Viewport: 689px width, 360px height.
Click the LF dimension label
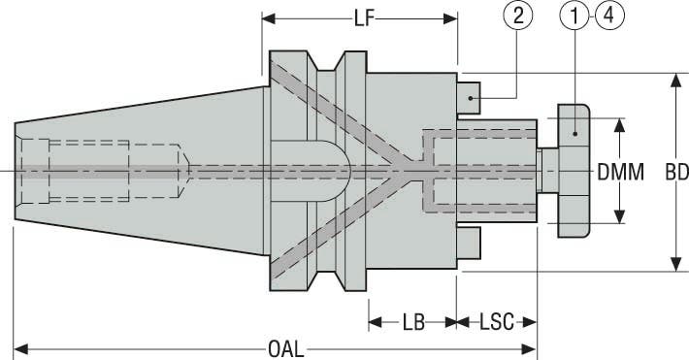(365, 18)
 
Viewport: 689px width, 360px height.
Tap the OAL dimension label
(286, 350)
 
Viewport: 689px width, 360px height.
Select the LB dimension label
(413, 322)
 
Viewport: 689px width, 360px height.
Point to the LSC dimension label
(497, 322)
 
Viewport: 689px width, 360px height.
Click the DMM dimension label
(620, 173)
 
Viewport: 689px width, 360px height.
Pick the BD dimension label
(676, 173)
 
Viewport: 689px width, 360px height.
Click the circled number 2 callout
(518, 16)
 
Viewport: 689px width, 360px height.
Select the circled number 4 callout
(609, 16)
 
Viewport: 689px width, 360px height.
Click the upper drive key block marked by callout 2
(469, 98)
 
